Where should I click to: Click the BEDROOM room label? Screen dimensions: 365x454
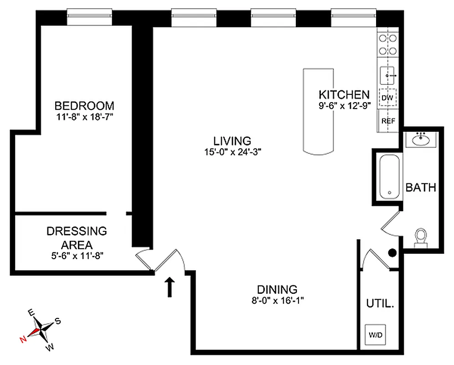point(84,105)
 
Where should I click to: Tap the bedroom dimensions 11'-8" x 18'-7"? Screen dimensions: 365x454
point(84,117)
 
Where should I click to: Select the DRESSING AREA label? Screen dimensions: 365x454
point(77,238)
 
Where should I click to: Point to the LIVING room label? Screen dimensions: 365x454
point(232,141)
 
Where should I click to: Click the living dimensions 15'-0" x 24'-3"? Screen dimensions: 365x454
point(232,152)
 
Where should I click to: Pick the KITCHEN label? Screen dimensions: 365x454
point(344,95)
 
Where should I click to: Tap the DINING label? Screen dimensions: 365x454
point(277,289)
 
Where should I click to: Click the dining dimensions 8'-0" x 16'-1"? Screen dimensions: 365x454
point(277,300)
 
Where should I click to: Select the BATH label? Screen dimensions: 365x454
point(421,188)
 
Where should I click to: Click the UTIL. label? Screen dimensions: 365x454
point(380,303)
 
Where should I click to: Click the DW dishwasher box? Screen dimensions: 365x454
point(387,98)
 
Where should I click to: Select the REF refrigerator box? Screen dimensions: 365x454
point(388,121)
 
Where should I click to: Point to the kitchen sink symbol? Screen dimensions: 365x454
point(387,75)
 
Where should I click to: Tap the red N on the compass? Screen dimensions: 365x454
point(23,339)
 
